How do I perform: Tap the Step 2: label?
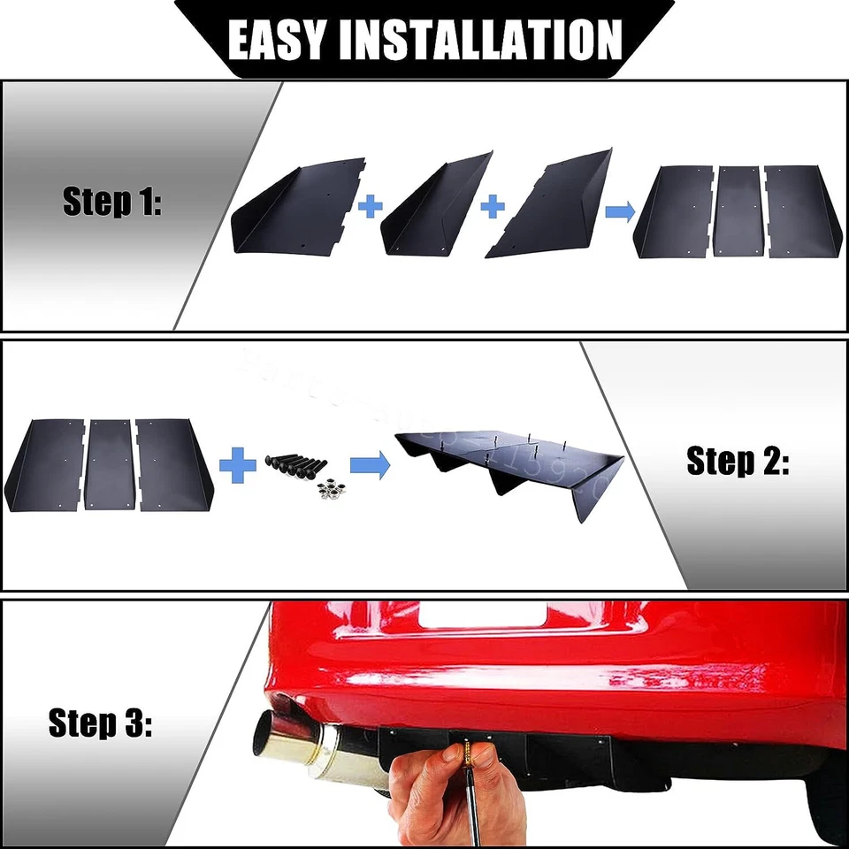(738, 461)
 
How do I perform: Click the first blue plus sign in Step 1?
(371, 207)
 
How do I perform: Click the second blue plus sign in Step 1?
(493, 207)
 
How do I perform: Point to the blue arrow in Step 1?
(619, 210)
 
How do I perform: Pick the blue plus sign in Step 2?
(237, 465)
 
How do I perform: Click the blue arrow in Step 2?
(370, 465)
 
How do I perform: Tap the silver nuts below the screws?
(330, 489)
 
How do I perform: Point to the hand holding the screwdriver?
(433, 787)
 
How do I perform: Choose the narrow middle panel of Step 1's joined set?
(738, 210)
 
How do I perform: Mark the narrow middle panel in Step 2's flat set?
(111, 465)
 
